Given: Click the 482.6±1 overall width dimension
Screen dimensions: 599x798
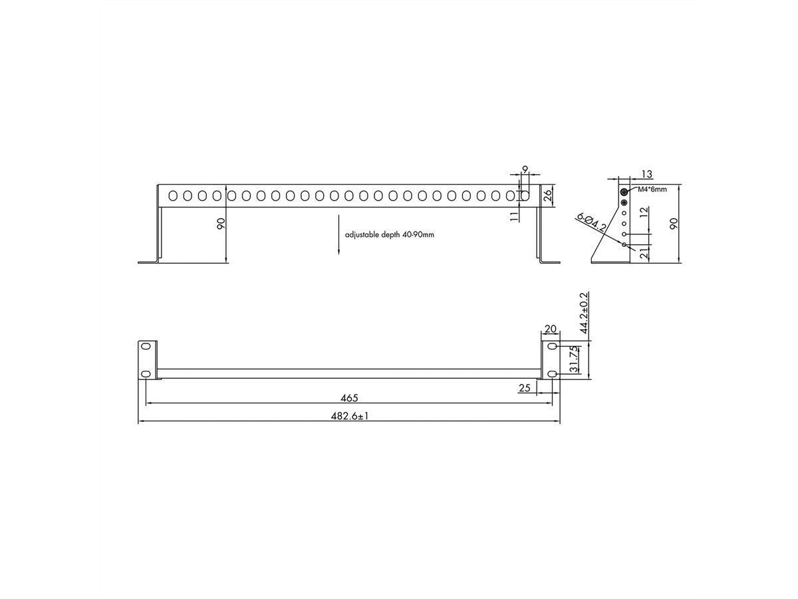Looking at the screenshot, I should coord(349,416).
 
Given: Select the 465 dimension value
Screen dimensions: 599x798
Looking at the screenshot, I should coord(349,398).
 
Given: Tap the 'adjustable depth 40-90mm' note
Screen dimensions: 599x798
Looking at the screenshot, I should coord(389,235).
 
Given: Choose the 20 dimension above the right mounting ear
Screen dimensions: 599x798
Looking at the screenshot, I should coord(551,329).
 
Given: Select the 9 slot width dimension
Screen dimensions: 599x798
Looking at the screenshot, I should coord(525,170).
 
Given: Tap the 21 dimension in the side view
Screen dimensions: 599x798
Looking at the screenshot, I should coord(642,253).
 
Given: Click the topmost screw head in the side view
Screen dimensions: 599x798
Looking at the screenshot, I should coord(624,192).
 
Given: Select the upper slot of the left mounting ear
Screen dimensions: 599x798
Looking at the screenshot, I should coord(146,347).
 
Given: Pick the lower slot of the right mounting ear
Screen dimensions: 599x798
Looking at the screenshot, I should coord(552,375).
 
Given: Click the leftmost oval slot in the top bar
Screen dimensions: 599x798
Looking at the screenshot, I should coord(172,196).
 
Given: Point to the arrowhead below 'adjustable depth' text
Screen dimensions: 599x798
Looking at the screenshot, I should coord(339,251).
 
